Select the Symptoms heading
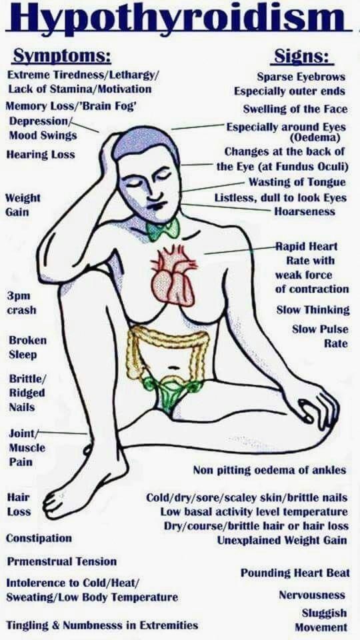tap(61, 56)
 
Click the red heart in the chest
tap(173, 275)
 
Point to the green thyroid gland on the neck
tap(163, 229)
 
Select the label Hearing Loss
tap(41, 155)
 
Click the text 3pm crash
tap(21, 303)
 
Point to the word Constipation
tap(39, 539)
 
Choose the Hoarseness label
tap(305, 211)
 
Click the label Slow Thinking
tap(313, 310)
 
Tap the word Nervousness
tap(312, 595)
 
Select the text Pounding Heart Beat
tap(295, 573)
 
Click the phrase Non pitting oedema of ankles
tap(269, 470)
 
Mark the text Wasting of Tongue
tap(297, 182)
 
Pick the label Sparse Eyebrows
tap(301, 77)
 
